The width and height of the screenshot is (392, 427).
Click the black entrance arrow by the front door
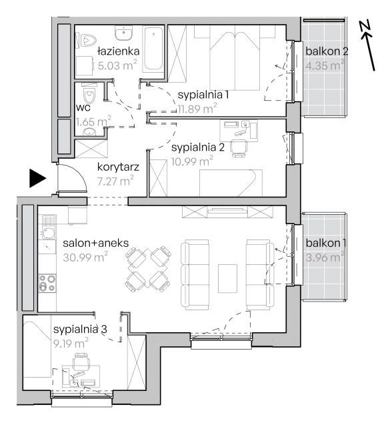(37, 178)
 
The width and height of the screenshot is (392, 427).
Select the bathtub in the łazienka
(153, 49)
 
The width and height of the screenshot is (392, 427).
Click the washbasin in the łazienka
(123, 33)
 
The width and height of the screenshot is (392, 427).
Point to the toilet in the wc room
(89, 95)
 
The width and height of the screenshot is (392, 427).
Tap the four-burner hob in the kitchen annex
(47, 283)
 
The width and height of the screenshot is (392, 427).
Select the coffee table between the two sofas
(227, 278)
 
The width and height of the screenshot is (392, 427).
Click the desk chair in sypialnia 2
(239, 148)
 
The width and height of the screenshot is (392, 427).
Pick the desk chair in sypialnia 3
(81, 362)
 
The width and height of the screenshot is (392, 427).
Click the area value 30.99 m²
(85, 257)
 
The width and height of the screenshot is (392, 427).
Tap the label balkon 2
(327, 51)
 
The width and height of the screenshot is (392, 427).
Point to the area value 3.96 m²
(325, 258)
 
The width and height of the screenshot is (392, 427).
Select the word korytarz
(118, 167)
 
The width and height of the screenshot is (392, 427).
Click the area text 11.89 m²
(197, 109)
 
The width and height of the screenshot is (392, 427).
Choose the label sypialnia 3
(80, 330)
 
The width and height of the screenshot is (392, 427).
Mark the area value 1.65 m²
(93, 121)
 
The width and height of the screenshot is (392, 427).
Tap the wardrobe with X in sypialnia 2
(158, 178)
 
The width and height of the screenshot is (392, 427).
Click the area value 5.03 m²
(117, 65)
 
